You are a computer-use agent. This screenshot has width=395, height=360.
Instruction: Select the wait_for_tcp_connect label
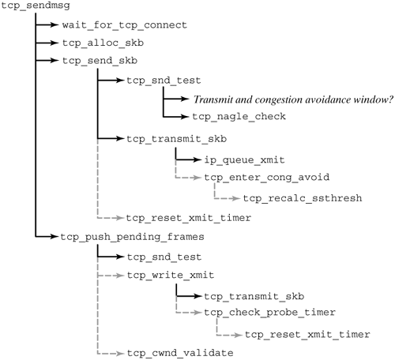(124, 25)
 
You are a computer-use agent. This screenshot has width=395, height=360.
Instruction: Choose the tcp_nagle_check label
(239, 117)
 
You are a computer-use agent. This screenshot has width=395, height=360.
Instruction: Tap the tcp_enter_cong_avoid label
(266, 178)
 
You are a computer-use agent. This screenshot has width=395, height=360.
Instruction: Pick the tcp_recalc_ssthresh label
(303, 197)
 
